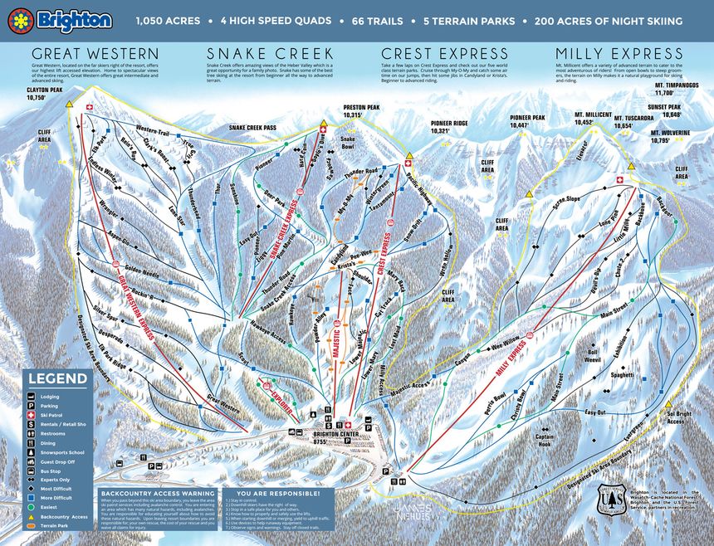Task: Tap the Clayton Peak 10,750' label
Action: click(x=46, y=94)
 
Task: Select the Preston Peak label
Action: click(x=361, y=111)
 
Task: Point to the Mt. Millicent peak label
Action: click(x=593, y=118)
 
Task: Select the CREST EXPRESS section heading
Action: click(x=445, y=54)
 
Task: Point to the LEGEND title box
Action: click(x=57, y=379)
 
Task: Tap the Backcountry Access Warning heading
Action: click(x=157, y=492)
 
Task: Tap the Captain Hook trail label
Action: click(x=544, y=441)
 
